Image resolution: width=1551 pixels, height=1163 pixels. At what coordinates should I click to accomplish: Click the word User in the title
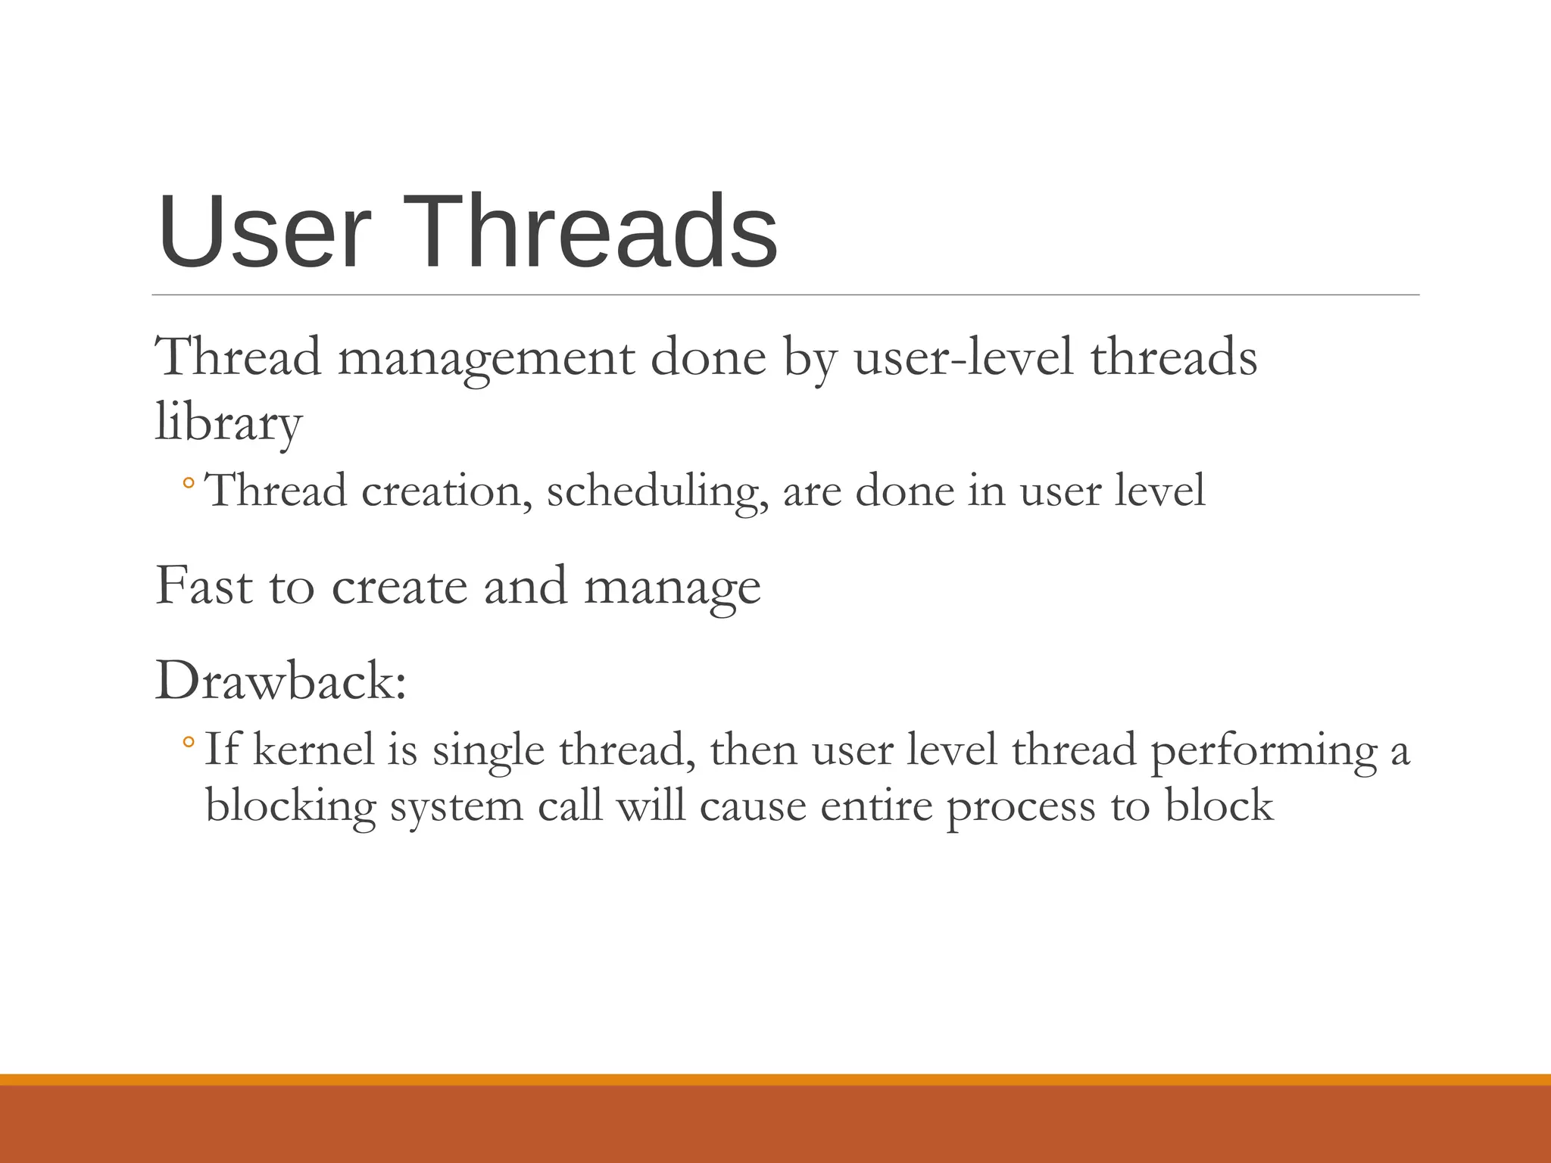[x=264, y=233]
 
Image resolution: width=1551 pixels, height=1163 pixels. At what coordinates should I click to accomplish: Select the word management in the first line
[x=485, y=359]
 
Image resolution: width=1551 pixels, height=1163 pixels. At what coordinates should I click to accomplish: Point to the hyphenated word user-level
[x=963, y=357]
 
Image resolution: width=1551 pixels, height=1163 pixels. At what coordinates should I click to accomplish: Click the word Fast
[x=203, y=586]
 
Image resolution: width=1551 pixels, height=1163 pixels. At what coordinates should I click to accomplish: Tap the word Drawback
[x=280, y=681]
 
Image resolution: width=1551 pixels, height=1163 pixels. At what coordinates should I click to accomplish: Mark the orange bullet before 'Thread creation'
[x=189, y=482]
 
